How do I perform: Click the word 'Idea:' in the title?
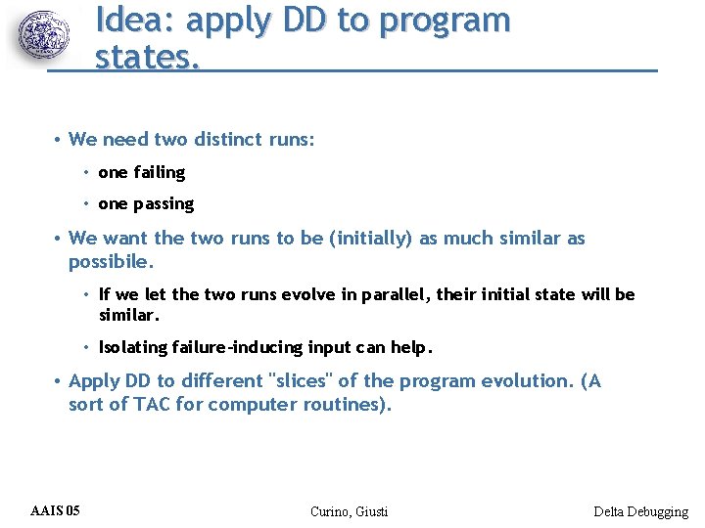pyautogui.click(x=136, y=20)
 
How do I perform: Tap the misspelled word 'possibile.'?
pyautogui.click(x=111, y=262)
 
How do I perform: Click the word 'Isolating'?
pyautogui.click(x=133, y=347)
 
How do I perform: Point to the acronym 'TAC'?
pyautogui.click(x=153, y=404)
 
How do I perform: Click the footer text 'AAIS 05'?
pyautogui.click(x=56, y=510)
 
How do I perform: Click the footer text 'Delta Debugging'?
pyautogui.click(x=640, y=511)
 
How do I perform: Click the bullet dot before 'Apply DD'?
pyautogui.click(x=59, y=381)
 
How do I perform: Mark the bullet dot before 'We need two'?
pyautogui.click(x=59, y=140)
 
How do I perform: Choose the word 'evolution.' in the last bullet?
pyautogui.click(x=528, y=381)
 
